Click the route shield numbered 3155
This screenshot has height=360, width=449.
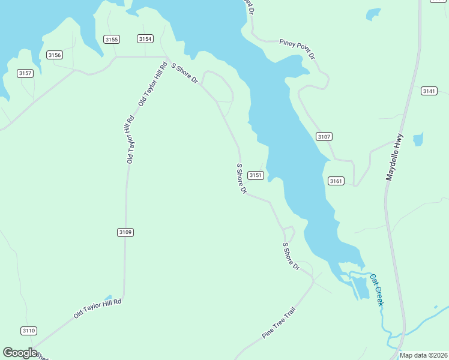click(x=112, y=40)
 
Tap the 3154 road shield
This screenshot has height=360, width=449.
click(x=145, y=39)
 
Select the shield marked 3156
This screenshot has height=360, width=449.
click(x=55, y=55)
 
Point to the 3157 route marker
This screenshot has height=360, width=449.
click(x=25, y=73)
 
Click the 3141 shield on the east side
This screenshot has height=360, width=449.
click(x=429, y=91)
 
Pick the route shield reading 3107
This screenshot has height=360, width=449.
click(x=324, y=137)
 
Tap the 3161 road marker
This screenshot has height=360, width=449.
click(x=336, y=181)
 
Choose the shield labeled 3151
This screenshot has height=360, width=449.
click(x=256, y=175)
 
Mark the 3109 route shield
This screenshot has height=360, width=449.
click(x=125, y=232)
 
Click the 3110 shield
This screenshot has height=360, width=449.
click(x=29, y=331)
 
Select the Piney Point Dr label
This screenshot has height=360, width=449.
click(x=297, y=49)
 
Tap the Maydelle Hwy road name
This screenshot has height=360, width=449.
click(x=400, y=157)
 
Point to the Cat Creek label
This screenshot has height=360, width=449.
click(x=376, y=290)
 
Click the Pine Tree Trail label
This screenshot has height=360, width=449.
click(x=279, y=323)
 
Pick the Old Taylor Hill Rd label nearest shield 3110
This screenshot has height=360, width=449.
click(x=98, y=309)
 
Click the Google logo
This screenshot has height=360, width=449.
click(x=20, y=353)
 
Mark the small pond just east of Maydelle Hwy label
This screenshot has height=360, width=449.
click(x=418, y=139)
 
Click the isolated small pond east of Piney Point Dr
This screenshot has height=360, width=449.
click(x=373, y=13)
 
